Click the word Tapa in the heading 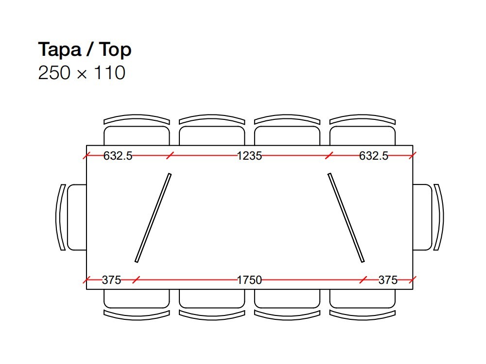point(60,50)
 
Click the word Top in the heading point(115,50)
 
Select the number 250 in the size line point(54,73)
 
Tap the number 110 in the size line point(110,73)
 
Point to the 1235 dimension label point(249,156)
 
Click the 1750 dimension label point(249,280)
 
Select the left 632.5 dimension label point(118,156)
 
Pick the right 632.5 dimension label point(373,156)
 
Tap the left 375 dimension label point(112,280)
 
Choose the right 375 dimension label point(388,280)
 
